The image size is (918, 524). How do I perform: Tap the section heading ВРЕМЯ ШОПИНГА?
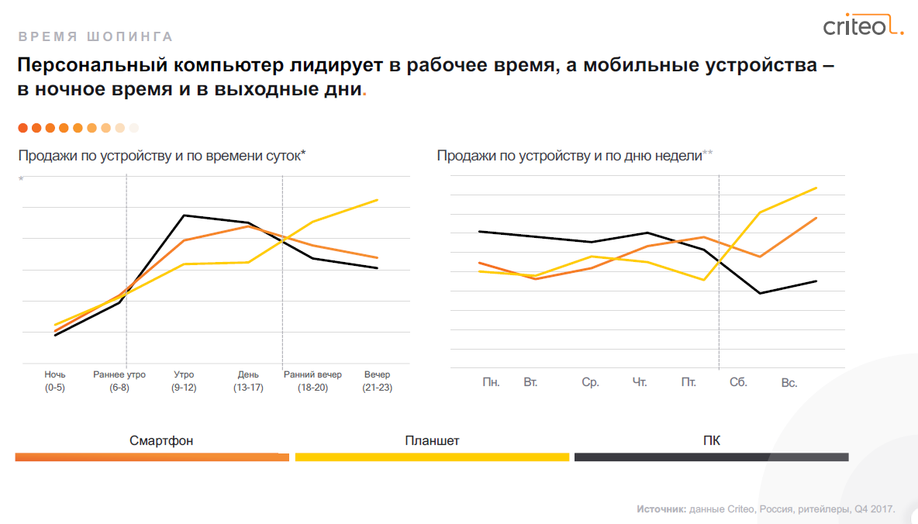pyautogui.click(x=95, y=36)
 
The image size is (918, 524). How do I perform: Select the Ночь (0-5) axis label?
pyautogui.click(x=54, y=381)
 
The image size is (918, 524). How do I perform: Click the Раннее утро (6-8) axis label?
pyautogui.click(x=119, y=381)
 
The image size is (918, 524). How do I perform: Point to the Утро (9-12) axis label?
pyautogui.click(x=184, y=381)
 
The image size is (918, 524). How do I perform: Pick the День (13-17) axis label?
pyautogui.click(x=248, y=381)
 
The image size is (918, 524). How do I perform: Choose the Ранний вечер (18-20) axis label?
pyautogui.click(x=312, y=381)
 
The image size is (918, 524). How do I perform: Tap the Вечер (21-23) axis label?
pyautogui.click(x=377, y=381)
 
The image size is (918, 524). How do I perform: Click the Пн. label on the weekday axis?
pyautogui.click(x=491, y=382)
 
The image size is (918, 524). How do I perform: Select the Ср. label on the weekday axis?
pyautogui.click(x=590, y=382)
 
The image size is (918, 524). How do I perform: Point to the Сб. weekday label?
pyautogui.click(x=738, y=382)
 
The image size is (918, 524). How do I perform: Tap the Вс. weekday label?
pyautogui.click(x=789, y=383)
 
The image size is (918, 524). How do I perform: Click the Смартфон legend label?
pyautogui.click(x=161, y=441)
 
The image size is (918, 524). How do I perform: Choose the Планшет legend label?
pyautogui.click(x=432, y=441)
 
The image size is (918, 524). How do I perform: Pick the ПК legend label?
pyautogui.click(x=711, y=441)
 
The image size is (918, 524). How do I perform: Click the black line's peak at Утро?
pyautogui.click(x=184, y=215)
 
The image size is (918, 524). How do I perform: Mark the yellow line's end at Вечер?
pyautogui.click(x=378, y=200)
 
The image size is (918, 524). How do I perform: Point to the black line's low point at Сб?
pyautogui.click(x=760, y=293)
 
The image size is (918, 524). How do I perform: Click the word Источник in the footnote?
pyautogui.click(x=661, y=509)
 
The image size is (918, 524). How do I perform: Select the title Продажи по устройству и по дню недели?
pyautogui.click(x=569, y=156)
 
